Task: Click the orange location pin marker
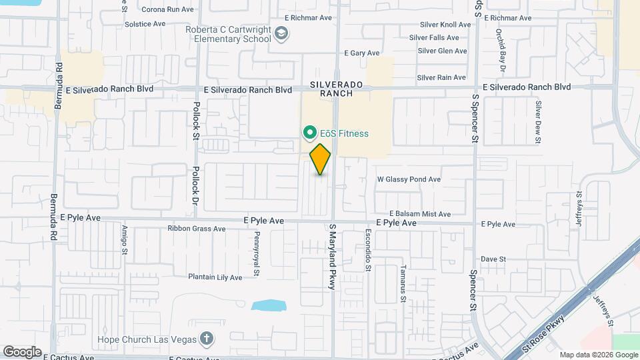point(321,159)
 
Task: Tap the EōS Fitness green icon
point(309,133)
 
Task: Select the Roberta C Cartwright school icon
point(282,33)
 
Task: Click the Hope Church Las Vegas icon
point(207,339)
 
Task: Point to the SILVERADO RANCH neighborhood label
point(336,89)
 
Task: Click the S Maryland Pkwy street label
point(331,256)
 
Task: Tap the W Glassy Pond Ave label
point(409,179)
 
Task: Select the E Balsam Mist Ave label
point(414,214)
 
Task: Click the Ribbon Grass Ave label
point(196,229)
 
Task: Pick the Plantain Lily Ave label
point(215,277)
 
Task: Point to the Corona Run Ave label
point(168,10)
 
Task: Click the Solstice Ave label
point(145,24)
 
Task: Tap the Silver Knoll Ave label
point(445,25)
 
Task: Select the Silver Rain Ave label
point(441,78)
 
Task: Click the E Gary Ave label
point(361,53)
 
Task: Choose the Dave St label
point(494,259)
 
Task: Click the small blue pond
point(269,306)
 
